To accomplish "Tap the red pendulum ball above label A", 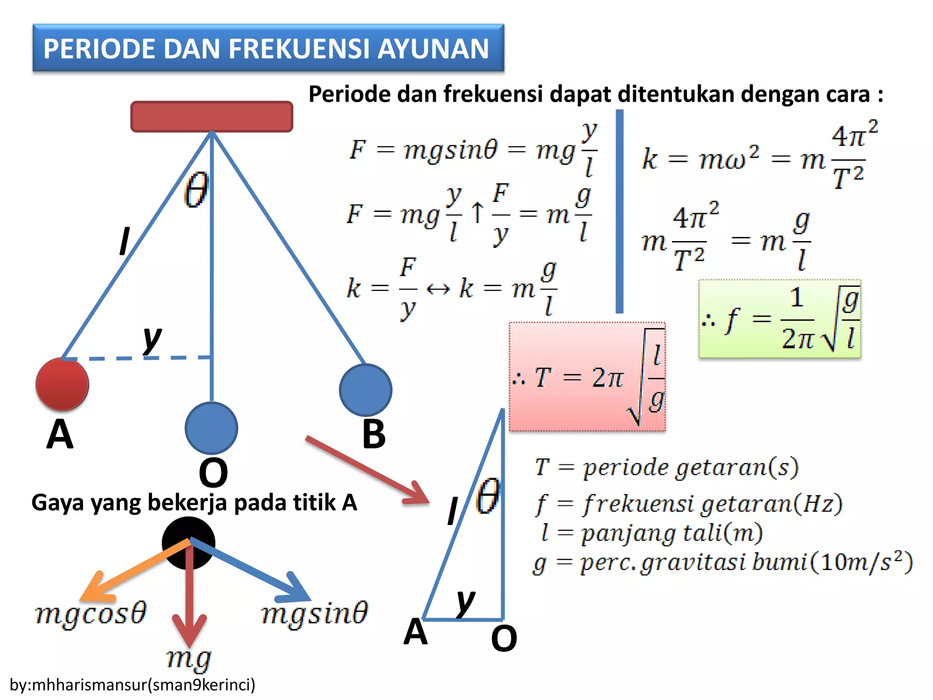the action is click(62, 384).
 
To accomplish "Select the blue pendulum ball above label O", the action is click(211, 428).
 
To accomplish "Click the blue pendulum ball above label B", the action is click(365, 390).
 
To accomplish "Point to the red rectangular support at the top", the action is click(211, 117).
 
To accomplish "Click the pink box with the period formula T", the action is click(587, 377).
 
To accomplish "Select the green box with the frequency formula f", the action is click(779, 319).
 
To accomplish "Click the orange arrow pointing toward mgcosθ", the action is click(132, 570).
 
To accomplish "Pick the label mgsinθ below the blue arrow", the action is click(314, 613).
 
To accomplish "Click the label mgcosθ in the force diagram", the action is click(91, 613).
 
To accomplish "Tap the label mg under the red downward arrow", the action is click(189, 659).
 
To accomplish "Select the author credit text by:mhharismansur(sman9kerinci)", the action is click(132, 685).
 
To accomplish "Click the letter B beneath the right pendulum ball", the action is click(374, 434).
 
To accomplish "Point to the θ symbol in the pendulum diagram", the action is click(196, 190).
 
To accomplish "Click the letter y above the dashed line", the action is click(152, 339).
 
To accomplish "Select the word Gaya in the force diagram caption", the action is click(58, 503).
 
